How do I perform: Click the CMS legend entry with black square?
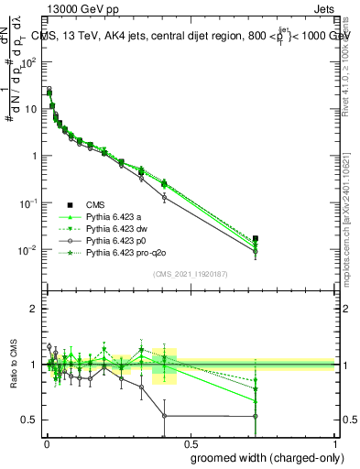[98, 205]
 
